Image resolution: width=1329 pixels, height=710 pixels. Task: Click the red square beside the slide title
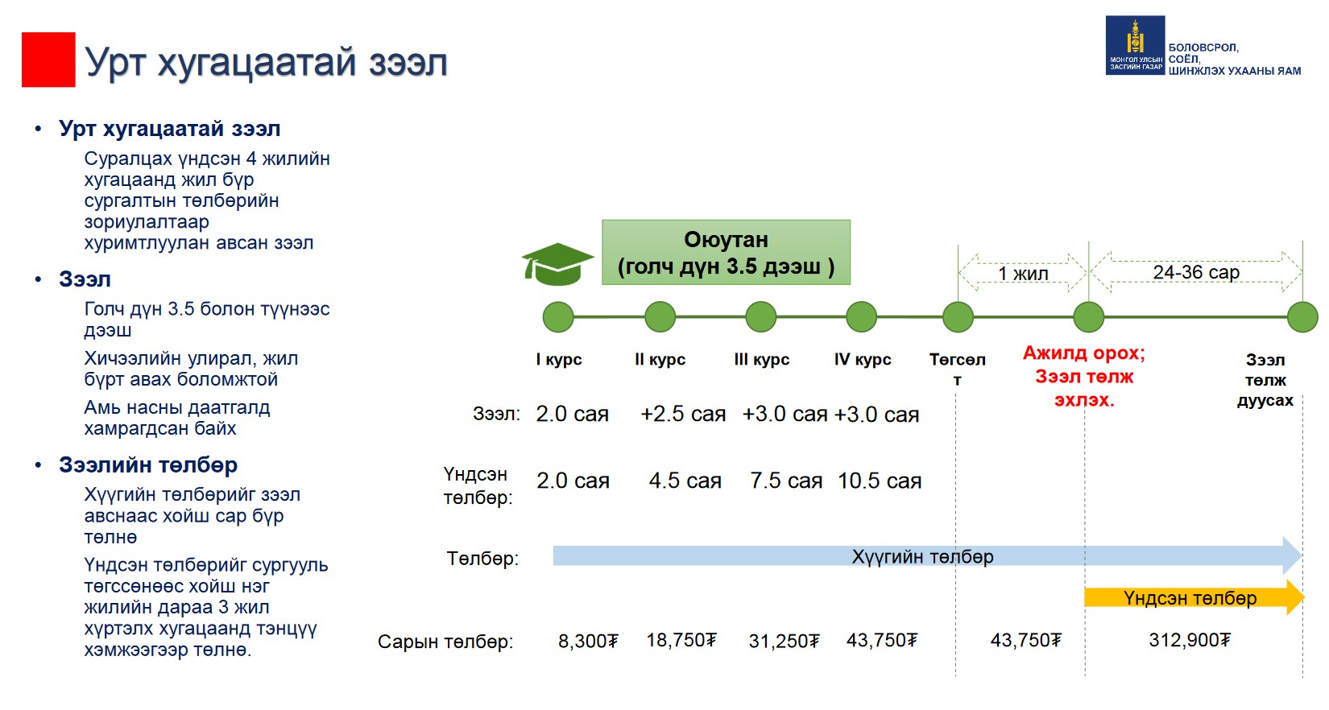(x=48, y=60)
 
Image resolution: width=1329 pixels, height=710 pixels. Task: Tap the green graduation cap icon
(x=557, y=264)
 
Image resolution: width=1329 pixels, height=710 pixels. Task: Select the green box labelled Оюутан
(x=726, y=253)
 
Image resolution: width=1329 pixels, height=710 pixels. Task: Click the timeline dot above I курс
(x=558, y=316)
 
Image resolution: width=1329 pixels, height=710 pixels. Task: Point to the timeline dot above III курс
(x=760, y=316)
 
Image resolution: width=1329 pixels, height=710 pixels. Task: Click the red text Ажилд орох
(x=1084, y=353)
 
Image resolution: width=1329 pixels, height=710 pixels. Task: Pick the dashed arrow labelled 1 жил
(x=1023, y=273)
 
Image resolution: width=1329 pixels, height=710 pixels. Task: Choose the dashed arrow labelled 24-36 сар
(x=1195, y=272)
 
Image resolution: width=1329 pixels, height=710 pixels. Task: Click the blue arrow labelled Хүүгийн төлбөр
(x=927, y=555)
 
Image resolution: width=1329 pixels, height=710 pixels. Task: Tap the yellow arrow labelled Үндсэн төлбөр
(x=1194, y=597)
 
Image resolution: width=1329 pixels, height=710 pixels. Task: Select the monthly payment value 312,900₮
(x=1190, y=640)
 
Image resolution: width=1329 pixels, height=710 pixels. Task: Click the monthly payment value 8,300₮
(x=588, y=642)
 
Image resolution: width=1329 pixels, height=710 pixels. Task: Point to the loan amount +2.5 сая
(x=683, y=414)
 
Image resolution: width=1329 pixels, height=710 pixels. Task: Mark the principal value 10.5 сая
(x=880, y=481)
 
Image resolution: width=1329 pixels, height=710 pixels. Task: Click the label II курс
(x=660, y=360)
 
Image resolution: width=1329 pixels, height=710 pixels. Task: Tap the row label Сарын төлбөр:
(x=445, y=642)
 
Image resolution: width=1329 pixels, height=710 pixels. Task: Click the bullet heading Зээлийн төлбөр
(x=147, y=464)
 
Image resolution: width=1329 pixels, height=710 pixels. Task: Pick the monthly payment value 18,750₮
(x=681, y=640)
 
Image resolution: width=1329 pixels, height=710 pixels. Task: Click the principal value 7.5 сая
(x=786, y=481)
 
